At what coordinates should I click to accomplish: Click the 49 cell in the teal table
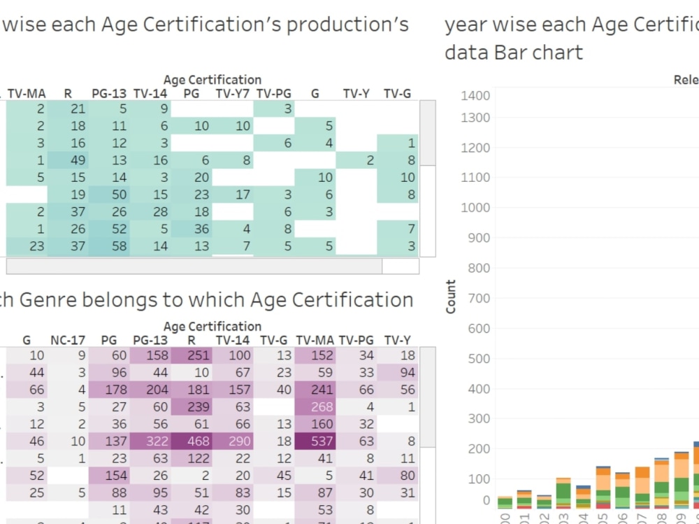point(69,160)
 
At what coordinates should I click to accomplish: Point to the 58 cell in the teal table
point(110,246)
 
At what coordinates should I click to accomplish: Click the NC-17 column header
point(68,340)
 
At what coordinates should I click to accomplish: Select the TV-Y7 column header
point(233,93)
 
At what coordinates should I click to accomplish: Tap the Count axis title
point(451,297)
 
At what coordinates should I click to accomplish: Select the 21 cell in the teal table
point(69,108)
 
